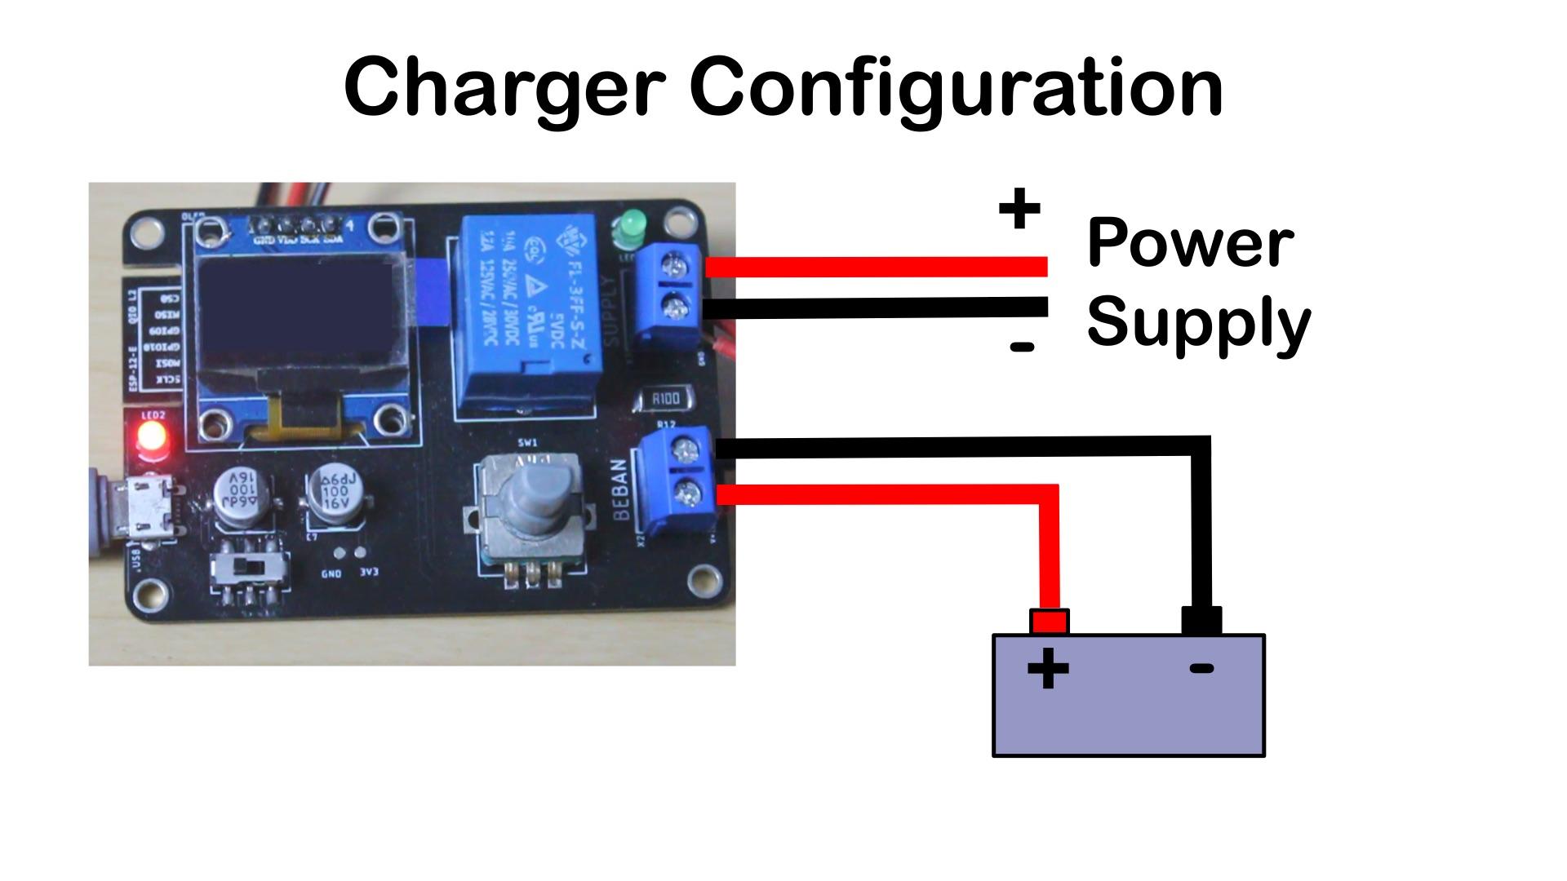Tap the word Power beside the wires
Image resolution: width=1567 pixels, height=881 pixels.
pyautogui.click(x=1189, y=243)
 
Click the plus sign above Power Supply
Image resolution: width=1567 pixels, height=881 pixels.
pyautogui.click(x=1019, y=210)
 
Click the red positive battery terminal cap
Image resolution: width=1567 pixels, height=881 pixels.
pyautogui.click(x=1049, y=622)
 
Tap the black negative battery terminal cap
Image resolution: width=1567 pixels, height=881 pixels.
pyautogui.click(x=1201, y=621)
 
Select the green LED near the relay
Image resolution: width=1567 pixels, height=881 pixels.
pyautogui.click(x=630, y=226)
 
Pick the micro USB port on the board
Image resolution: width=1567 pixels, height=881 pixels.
pyautogui.click(x=147, y=508)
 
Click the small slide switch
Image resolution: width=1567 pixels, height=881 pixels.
pyautogui.click(x=249, y=566)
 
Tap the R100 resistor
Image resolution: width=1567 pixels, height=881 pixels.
pyautogui.click(x=664, y=399)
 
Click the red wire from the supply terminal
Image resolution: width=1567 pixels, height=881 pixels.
pyautogui.click(x=873, y=267)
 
